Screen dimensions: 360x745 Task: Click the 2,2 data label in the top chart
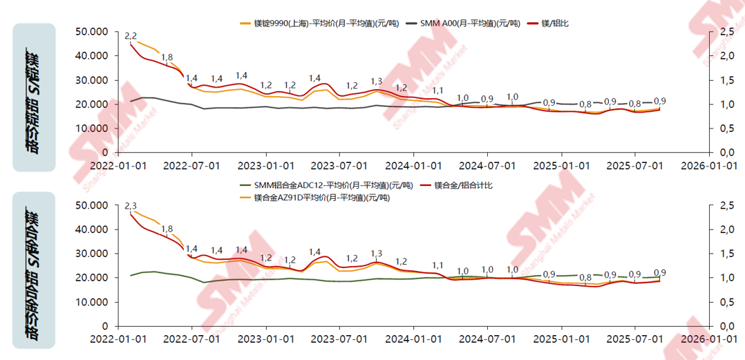point(130,36)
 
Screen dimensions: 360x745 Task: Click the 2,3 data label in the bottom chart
point(130,206)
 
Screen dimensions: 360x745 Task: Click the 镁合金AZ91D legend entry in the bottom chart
point(321,198)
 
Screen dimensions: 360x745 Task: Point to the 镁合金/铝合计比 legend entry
point(463,185)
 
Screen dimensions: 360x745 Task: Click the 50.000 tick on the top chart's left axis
point(93,32)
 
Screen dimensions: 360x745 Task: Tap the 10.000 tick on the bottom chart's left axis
point(93,302)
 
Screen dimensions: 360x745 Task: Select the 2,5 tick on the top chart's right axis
point(726,32)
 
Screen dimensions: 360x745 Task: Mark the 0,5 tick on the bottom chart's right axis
point(726,302)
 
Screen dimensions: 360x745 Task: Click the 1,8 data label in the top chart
point(167,57)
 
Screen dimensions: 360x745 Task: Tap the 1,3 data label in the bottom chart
point(377,254)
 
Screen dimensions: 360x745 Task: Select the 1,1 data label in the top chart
point(437,91)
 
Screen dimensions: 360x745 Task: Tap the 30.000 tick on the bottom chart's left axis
point(93,254)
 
